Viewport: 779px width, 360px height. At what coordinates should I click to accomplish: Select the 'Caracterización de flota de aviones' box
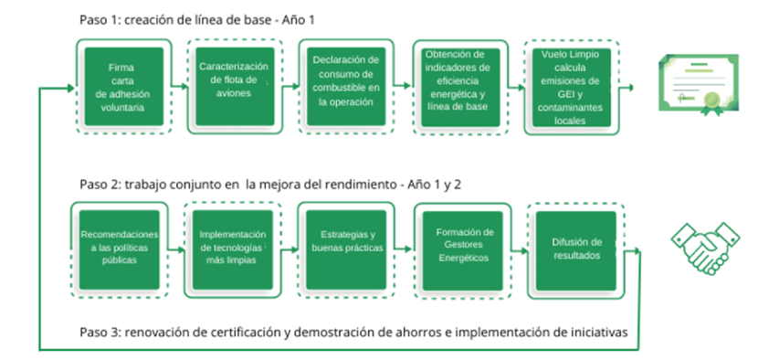coord(235,84)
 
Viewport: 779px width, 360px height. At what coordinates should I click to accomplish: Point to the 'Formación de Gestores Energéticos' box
coord(463,245)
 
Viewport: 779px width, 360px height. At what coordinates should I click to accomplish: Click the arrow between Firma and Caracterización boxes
coord(179,88)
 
